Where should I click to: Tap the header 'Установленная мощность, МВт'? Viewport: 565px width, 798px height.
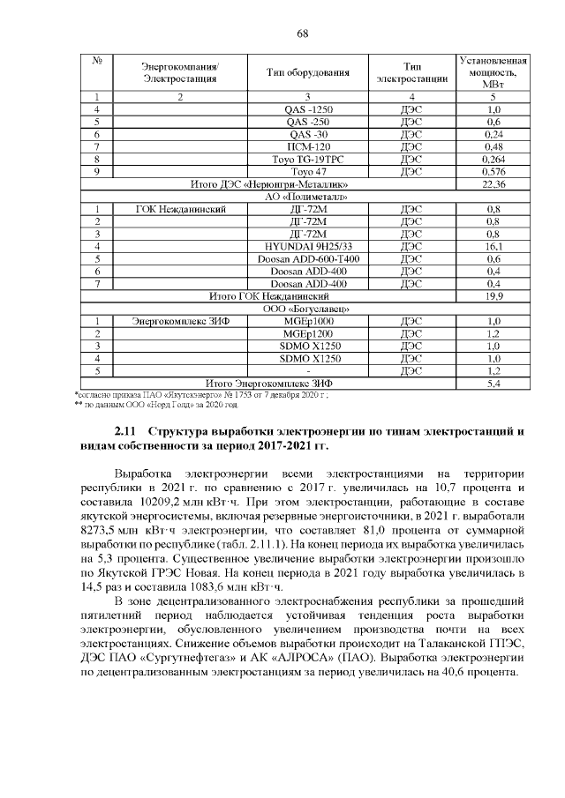coord(493,71)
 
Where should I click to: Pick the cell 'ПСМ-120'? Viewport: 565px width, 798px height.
coord(308,146)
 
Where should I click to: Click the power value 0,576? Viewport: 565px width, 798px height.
coord(493,171)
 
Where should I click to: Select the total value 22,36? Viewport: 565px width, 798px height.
coord(493,184)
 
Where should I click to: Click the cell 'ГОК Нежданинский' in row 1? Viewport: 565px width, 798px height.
coord(182,209)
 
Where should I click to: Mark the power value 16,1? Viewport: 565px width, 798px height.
coord(493,247)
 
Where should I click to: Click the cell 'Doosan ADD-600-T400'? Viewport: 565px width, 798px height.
coord(308,259)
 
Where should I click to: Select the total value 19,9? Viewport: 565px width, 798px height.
coord(493,297)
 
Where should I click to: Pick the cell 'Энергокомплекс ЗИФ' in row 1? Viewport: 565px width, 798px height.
coord(180,322)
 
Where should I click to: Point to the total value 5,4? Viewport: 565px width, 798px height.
coord(493,384)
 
